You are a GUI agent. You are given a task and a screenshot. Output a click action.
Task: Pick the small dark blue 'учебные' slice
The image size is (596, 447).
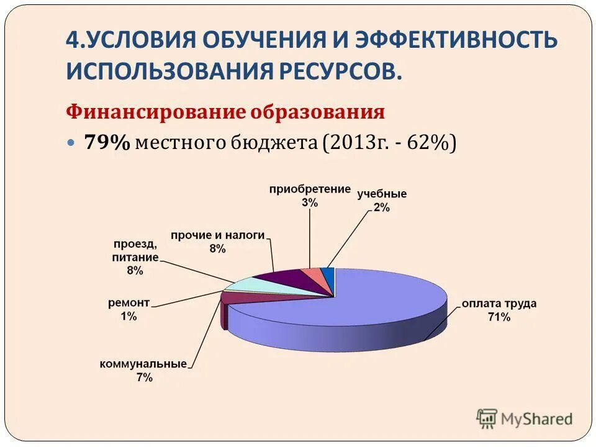(330, 274)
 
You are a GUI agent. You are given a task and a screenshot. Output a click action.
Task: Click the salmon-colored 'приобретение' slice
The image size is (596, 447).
(314, 276)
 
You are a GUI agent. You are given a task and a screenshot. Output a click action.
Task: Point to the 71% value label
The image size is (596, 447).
(498, 317)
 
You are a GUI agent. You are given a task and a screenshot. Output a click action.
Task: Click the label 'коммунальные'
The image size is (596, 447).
(143, 364)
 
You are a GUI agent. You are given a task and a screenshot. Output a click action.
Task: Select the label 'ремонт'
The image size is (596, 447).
(129, 302)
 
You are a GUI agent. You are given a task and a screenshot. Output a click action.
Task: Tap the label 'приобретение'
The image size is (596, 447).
(310, 189)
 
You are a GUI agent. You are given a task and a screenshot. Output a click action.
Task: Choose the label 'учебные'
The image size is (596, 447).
(382, 194)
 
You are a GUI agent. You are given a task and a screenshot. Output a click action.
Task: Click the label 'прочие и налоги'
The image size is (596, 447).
(217, 235)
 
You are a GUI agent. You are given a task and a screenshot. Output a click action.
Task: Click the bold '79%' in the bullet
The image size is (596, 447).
(107, 143)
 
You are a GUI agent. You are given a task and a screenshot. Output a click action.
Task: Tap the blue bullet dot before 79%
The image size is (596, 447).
(70, 143)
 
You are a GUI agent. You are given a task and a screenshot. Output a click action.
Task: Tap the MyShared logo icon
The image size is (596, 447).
(487, 418)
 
